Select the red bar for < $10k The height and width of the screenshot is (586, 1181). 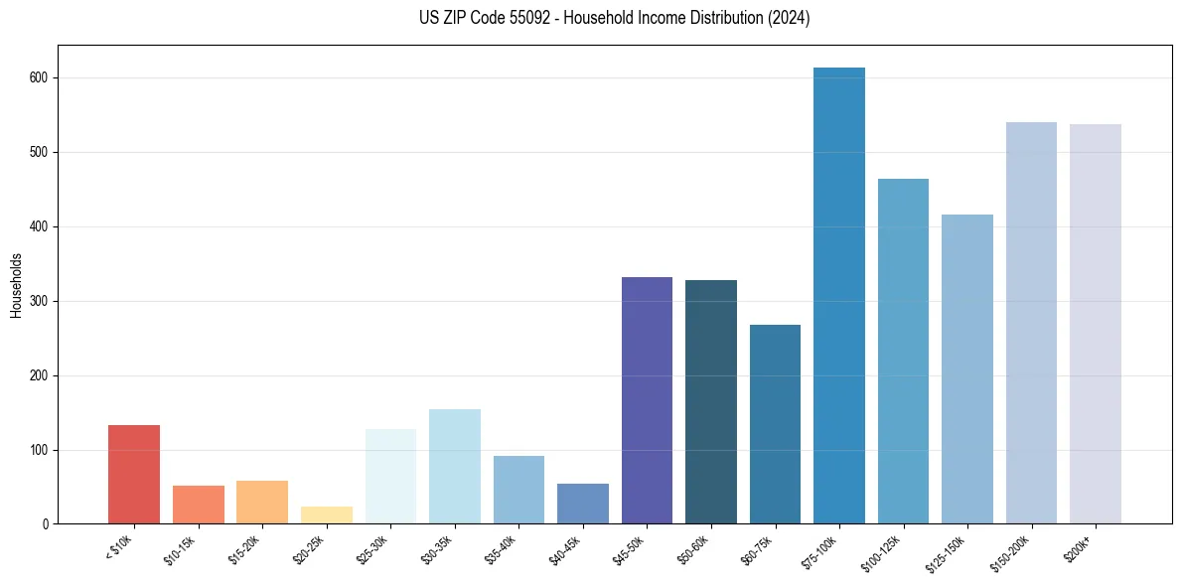click(x=134, y=475)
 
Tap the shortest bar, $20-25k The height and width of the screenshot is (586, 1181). click(x=327, y=514)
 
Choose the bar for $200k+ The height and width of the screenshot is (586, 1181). click(x=1096, y=324)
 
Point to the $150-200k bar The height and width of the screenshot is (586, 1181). click(x=1031, y=323)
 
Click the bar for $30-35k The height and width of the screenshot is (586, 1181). click(x=455, y=467)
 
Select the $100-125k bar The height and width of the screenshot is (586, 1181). click(x=903, y=352)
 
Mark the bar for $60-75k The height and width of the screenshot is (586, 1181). click(x=775, y=424)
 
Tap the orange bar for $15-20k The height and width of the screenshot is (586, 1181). click(x=262, y=503)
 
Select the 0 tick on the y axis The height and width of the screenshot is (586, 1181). click(x=47, y=524)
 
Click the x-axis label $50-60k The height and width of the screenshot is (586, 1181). click(x=692, y=549)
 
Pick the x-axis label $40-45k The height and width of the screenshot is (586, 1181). click(x=564, y=549)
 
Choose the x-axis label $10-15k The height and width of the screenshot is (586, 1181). click(x=179, y=549)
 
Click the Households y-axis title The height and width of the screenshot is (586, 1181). click(x=16, y=284)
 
